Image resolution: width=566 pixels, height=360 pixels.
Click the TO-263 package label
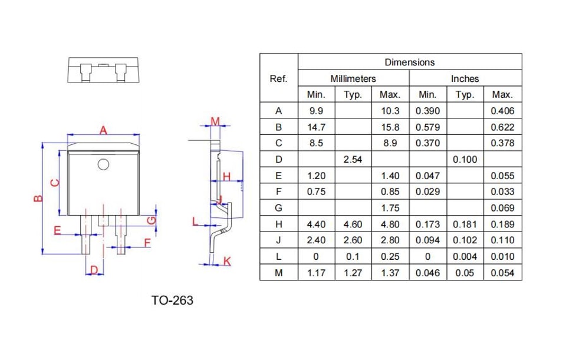point(172,300)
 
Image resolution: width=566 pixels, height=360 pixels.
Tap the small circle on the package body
point(103,164)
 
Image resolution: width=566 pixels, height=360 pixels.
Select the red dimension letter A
point(103,130)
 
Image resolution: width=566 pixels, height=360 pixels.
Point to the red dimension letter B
point(38,198)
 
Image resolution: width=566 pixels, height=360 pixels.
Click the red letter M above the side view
point(215,121)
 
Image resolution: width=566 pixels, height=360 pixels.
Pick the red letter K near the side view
point(227,261)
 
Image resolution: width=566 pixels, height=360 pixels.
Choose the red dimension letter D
point(94,270)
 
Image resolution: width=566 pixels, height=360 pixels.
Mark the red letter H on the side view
point(226,177)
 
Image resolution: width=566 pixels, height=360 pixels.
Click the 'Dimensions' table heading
point(410,62)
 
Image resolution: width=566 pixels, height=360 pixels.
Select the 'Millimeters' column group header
point(353,78)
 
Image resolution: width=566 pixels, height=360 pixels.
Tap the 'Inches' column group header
point(465,78)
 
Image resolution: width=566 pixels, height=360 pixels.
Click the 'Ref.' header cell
point(278,78)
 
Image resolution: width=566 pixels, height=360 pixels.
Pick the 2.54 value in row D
point(353,159)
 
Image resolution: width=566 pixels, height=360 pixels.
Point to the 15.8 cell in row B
point(390,127)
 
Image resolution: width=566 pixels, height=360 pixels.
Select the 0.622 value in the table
point(502,127)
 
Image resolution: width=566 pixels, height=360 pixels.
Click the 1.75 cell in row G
point(390,208)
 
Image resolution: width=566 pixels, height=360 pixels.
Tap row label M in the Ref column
point(279,273)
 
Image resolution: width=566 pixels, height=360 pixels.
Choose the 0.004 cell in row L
point(465,256)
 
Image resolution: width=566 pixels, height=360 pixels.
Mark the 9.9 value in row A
point(316,111)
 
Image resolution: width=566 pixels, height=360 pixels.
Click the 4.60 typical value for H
point(353,224)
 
